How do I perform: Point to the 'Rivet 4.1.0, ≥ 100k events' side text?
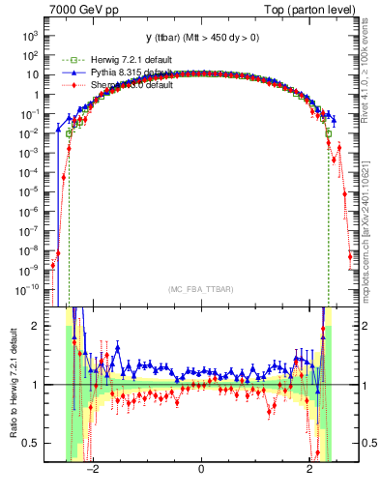click(x=370, y=78)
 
